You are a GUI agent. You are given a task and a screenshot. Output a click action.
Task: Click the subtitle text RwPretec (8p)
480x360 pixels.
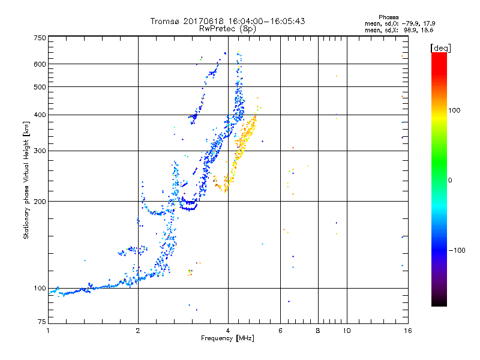click(x=227, y=28)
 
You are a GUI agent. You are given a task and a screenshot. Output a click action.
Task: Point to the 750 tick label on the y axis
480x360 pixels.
click(x=40, y=37)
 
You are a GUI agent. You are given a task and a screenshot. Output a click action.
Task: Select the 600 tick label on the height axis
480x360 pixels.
click(x=40, y=64)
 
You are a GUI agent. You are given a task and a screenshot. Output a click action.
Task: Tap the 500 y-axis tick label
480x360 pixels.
click(x=40, y=87)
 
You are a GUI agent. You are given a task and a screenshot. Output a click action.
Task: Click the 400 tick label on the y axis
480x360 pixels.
click(x=40, y=115)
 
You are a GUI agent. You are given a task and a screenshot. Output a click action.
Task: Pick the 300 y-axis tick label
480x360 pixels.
click(x=40, y=151)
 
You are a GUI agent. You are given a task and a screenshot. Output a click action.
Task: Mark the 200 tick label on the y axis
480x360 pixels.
click(x=40, y=202)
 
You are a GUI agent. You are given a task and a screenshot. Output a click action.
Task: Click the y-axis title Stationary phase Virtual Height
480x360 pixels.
click(x=26, y=180)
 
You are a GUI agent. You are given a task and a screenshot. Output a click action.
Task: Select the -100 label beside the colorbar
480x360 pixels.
click(x=458, y=250)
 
